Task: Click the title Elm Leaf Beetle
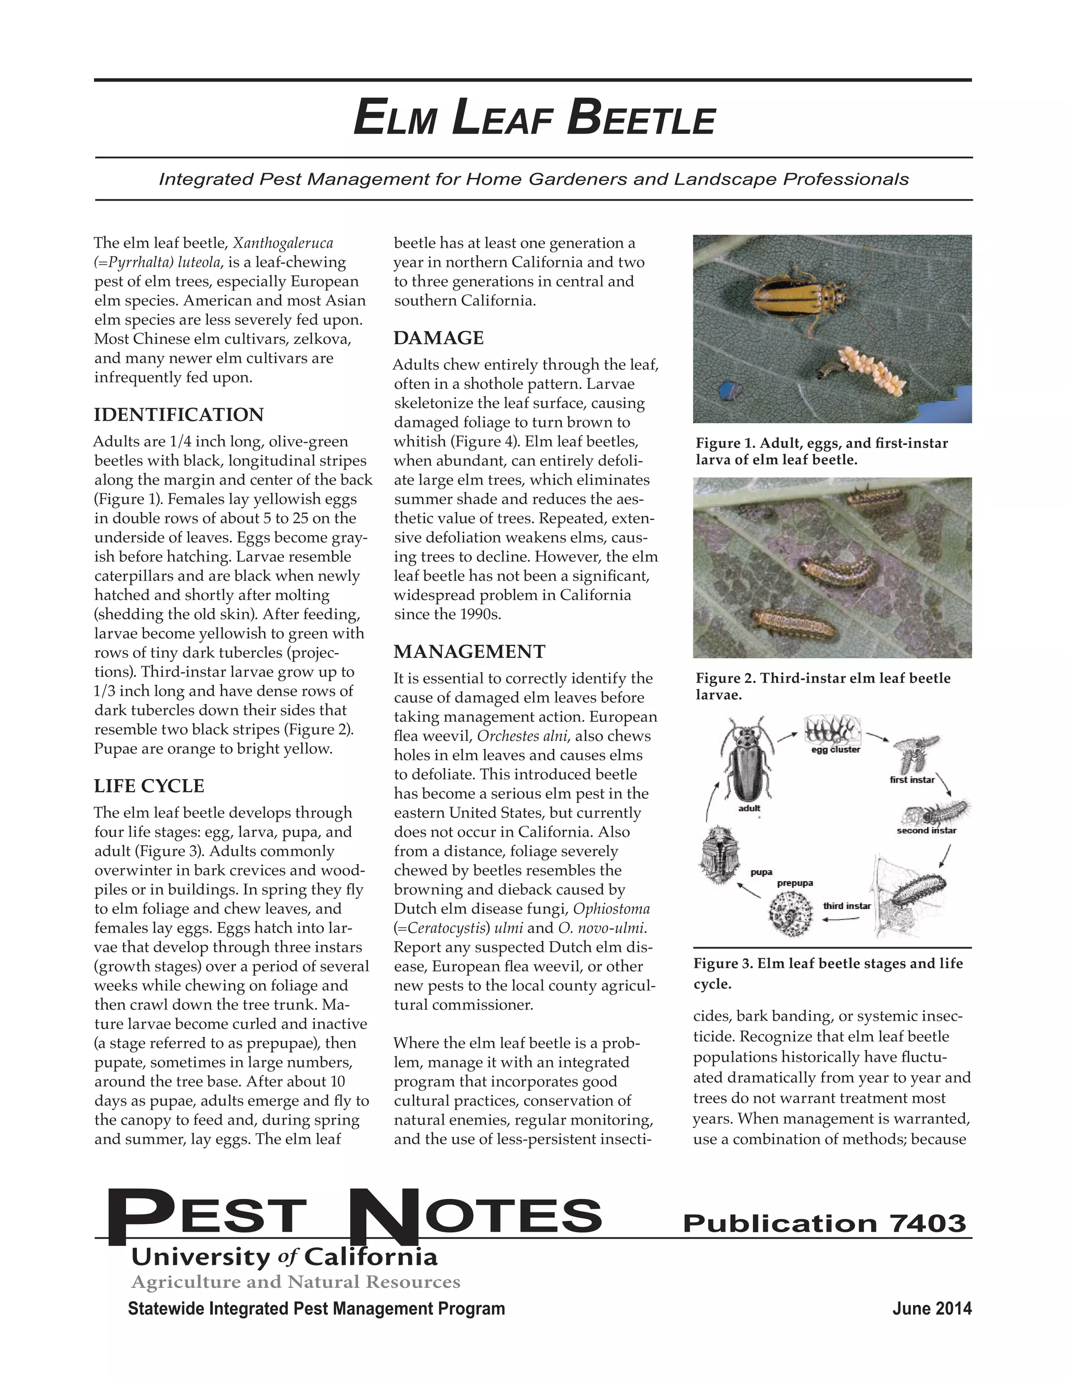coord(534,118)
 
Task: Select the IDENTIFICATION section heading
coord(179,415)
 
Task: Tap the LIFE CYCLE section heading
coord(149,786)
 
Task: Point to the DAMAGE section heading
coord(438,338)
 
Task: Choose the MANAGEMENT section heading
coord(469,652)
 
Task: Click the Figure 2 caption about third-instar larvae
coord(822,686)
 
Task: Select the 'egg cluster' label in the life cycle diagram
coord(835,749)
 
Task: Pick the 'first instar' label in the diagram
coord(911,780)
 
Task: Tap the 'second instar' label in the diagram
coord(926,831)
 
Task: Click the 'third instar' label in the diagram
coord(846,906)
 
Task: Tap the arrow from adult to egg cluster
coord(788,736)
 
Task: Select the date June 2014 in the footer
coord(932,1309)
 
